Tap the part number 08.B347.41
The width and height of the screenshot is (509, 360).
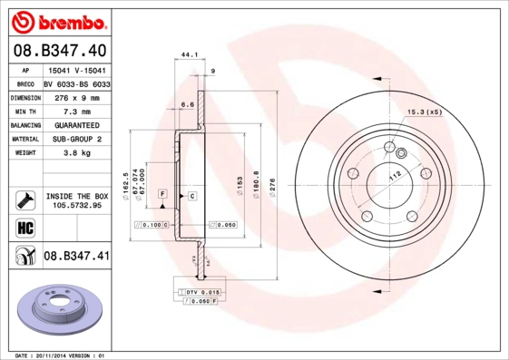coord(76,257)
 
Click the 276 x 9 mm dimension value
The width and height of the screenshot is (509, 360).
coord(76,96)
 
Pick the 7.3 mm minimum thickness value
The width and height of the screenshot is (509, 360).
coord(76,111)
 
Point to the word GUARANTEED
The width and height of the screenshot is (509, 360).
coord(76,125)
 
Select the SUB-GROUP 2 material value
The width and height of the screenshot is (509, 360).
coord(76,140)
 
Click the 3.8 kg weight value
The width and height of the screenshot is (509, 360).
coord(76,154)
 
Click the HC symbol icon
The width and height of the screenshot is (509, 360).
coord(24,228)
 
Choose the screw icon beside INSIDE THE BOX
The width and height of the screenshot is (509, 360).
coord(24,199)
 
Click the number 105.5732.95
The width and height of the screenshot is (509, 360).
coord(76,205)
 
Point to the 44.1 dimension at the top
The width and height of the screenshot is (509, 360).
coord(190,55)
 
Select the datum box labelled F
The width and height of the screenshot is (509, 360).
coord(162,194)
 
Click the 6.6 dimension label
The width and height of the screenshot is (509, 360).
coord(188,104)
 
